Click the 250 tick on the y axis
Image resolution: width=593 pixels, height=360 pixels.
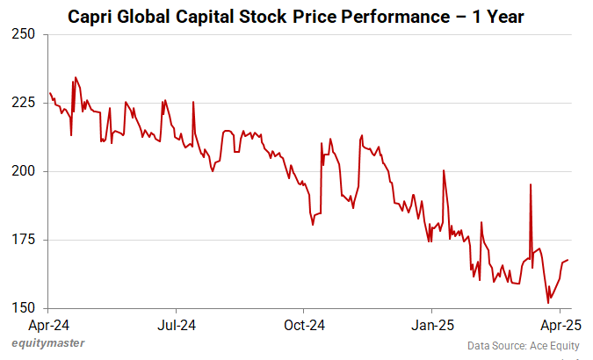[x=24, y=34]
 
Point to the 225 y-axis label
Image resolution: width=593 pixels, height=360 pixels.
[x=24, y=103]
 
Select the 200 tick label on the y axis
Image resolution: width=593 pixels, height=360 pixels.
[x=24, y=171]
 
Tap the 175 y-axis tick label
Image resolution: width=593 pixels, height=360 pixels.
[x=24, y=240]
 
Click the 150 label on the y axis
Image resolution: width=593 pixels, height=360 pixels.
[x=24, y=308]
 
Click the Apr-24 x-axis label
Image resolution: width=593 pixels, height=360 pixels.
[x=48, y=325]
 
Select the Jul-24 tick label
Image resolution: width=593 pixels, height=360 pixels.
[x=176, y=325]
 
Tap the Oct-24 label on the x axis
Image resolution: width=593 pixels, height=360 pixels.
[x=303, y=325]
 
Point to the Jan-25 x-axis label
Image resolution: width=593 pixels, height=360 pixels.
[x=432, y=325]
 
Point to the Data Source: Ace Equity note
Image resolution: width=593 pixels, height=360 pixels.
[x=524, y=345]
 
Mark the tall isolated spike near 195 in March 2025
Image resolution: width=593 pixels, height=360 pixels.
[x=531, y=184]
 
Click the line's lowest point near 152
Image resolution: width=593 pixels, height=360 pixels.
[x=548, y=303]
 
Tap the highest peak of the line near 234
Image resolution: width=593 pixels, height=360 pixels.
[x=76, y=77]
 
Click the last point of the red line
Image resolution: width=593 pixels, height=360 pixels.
[x=568, y=260]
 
